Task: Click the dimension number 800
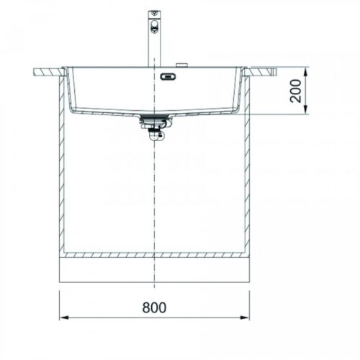tap(154, 307)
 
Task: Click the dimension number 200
tap(295, 91)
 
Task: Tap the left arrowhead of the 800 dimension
tap(64, 318)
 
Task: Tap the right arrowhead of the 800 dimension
tap(245, 318)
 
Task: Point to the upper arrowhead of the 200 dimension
tap(305, 72)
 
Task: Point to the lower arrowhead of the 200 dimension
tap(305, 109)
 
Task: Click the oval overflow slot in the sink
tap(168, 76)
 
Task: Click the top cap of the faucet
tap(154, 12)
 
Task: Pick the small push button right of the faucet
tap(181, 66)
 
